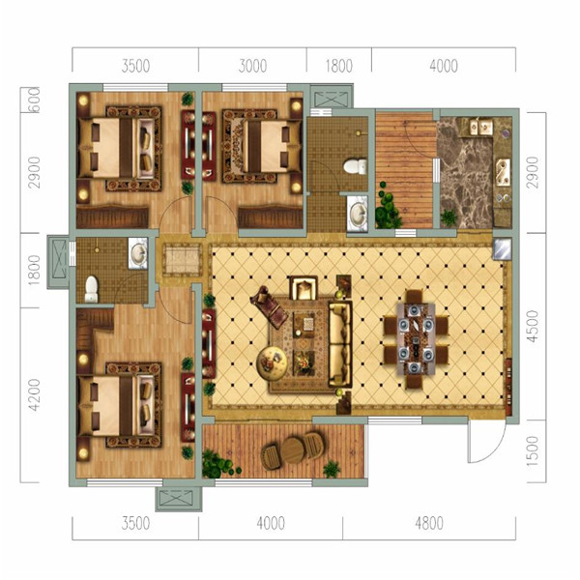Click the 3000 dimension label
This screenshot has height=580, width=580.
pyautogui.click(x=252, y=66)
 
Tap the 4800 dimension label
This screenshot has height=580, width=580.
pyautogui.click(x=429, y=523)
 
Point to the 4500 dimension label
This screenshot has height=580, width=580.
pyautogui.click(x=533, y=327)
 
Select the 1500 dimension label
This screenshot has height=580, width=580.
pyautogui.click(x=533, y=450)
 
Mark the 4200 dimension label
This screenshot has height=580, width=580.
pyautogui.click(x=34, y=395)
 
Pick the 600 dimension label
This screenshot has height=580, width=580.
pyautogui.click(x=34, y=100)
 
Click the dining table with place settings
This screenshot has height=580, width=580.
pyautogui.click(x=416, y=339)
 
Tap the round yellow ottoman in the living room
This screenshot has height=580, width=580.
pyautogui.click(x=272, y=362)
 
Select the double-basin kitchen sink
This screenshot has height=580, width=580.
pyautogui.click(x=480, y=127)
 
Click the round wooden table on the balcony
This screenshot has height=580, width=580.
pyautogui.click(x=293, y=450)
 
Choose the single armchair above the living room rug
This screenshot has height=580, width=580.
pyautogui.click(x=304, y=287)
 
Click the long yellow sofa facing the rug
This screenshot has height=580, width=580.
pyautogui.click(x=340, y=344)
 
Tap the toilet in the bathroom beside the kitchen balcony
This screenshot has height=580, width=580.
pyautogui.click(x=356, y=166)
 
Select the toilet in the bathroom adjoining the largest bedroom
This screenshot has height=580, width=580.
pyautogui.click(x=92, y=289)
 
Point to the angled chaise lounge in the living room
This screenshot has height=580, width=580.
pyautogui.click(x=269, y=306)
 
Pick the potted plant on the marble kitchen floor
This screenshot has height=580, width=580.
pyautogui.click(x=449, y=217)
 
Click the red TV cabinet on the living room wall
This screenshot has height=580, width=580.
pyautogui.click(x=209, y=343)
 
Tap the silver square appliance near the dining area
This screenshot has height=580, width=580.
pyautogui.click(x=503, y=248)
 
